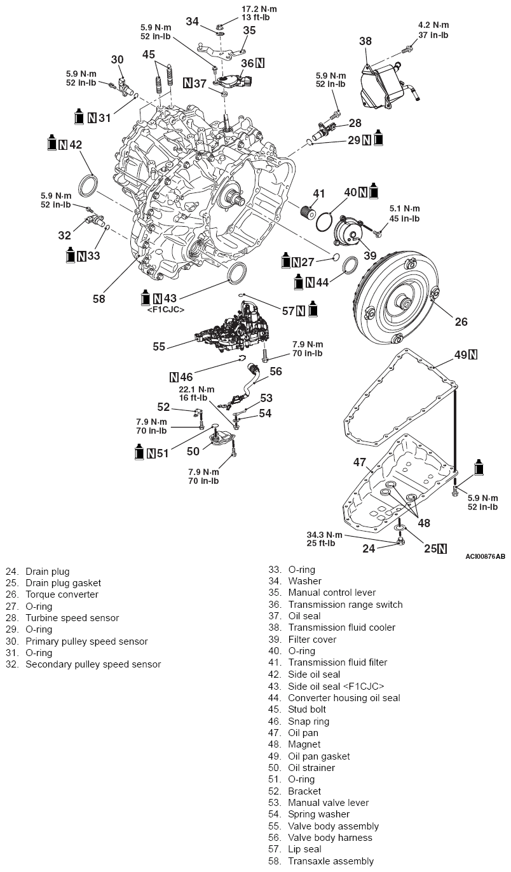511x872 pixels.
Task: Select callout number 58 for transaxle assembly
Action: click(x=99, y=298)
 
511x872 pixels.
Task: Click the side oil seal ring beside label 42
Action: click(x=88, y=187)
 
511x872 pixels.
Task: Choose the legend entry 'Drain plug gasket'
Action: click(x=63, y=582)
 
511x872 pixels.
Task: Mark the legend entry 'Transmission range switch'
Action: click(x=344, y=604)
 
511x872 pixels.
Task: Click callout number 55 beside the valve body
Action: click(x=159, y=347)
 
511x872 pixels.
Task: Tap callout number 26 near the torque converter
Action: click(x=461, y=322)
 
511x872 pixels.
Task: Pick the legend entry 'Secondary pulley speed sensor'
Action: click(x=93, y=664)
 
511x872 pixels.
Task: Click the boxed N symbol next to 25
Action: click(x=442, y=549)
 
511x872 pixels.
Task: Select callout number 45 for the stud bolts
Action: click(x=149, y=55)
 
